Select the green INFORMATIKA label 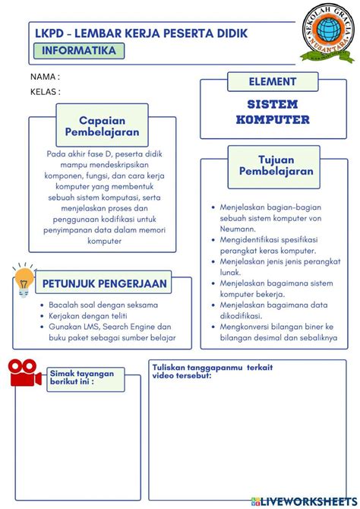pos(80,51)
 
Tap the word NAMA pos(44,77)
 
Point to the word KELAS pos(45,91)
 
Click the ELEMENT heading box pos(273,81)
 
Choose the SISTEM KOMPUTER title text pos(273,112)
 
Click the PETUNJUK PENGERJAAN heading pos(105,283)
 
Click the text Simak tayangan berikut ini pos(81,378)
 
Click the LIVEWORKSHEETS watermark pos(304,502)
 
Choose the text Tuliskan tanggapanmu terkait pos(212,368)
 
